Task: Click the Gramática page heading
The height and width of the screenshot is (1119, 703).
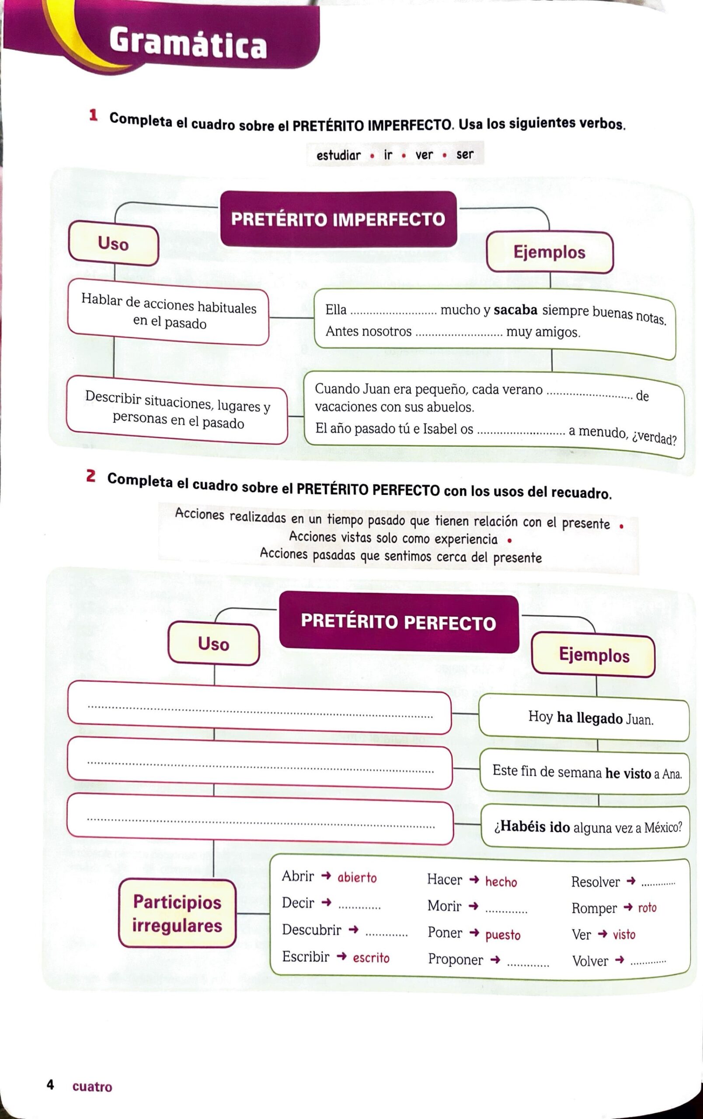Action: (x=188, y=43)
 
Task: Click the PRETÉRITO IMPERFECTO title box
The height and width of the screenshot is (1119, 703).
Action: (x=338, y=219)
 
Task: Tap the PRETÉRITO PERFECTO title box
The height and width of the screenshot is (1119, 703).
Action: (x=399, y=622)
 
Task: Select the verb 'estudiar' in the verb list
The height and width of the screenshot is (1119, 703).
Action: (x=338, y=155)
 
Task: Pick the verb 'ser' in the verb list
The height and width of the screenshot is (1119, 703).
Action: (x=465, y=154)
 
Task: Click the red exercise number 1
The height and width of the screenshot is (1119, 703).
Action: (x=94, y=115)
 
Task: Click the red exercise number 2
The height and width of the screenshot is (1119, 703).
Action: (x=91, y=476)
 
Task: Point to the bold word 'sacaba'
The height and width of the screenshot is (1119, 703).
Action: (x=515, y=310)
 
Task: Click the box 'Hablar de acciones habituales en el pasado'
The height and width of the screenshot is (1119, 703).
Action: (x=168, y=311)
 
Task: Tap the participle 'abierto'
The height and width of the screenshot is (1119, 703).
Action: (x=357, y=877)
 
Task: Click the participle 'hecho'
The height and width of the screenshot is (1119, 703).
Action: (x=501, y=882)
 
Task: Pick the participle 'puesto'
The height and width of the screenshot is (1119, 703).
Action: (x=503, y=935)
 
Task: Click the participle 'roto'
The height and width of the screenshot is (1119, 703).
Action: (x=647, y=907)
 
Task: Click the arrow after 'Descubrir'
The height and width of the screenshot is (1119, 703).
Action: (x=354, y=929)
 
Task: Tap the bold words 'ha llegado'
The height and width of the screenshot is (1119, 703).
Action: (x=590, y=718)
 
